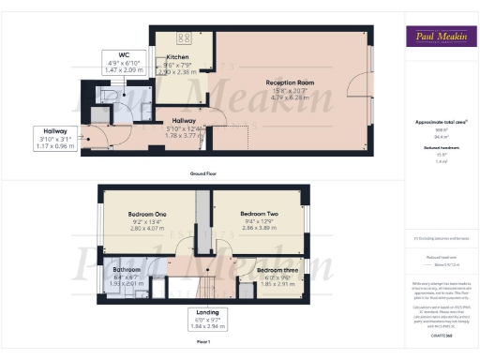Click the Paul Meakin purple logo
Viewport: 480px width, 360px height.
click(438, 37)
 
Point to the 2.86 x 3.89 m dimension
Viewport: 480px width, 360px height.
click(257, 228)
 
